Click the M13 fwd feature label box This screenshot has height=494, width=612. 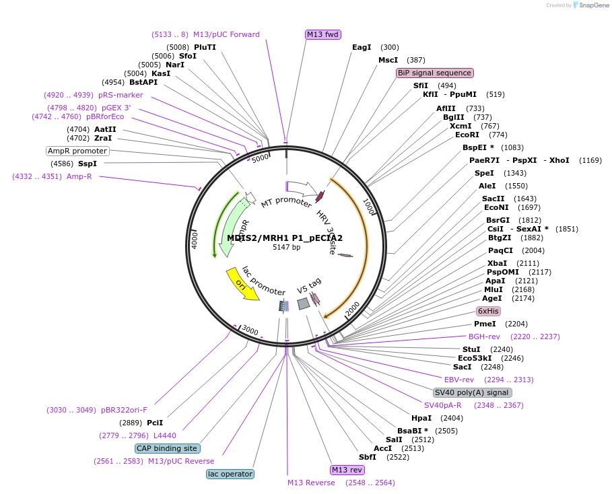323,34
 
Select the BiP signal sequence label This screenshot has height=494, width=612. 435,73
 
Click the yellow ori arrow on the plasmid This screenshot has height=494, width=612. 243,284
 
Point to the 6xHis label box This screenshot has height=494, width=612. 488,311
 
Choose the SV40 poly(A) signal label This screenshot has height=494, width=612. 472,392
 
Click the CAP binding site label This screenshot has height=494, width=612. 167,448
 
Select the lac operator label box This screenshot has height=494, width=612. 230,474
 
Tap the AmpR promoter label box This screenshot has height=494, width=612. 77,151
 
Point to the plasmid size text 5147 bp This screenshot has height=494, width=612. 286,248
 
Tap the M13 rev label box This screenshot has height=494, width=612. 347,470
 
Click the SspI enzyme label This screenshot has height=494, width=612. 88,164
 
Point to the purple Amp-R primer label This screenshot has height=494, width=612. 79,176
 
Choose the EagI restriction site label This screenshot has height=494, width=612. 362,47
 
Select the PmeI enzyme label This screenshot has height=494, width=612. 485,324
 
